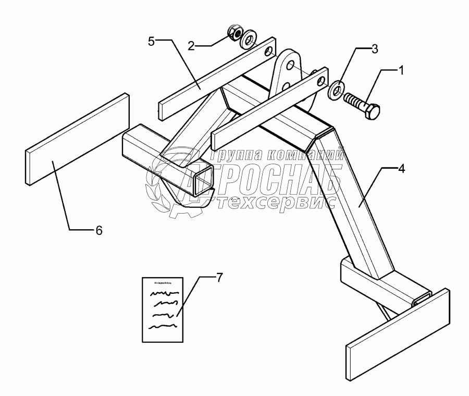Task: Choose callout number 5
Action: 151,42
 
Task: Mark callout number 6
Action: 98,229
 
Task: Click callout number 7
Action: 219,278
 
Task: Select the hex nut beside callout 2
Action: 236,33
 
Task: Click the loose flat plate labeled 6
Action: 77,138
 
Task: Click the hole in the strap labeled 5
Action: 268,51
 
